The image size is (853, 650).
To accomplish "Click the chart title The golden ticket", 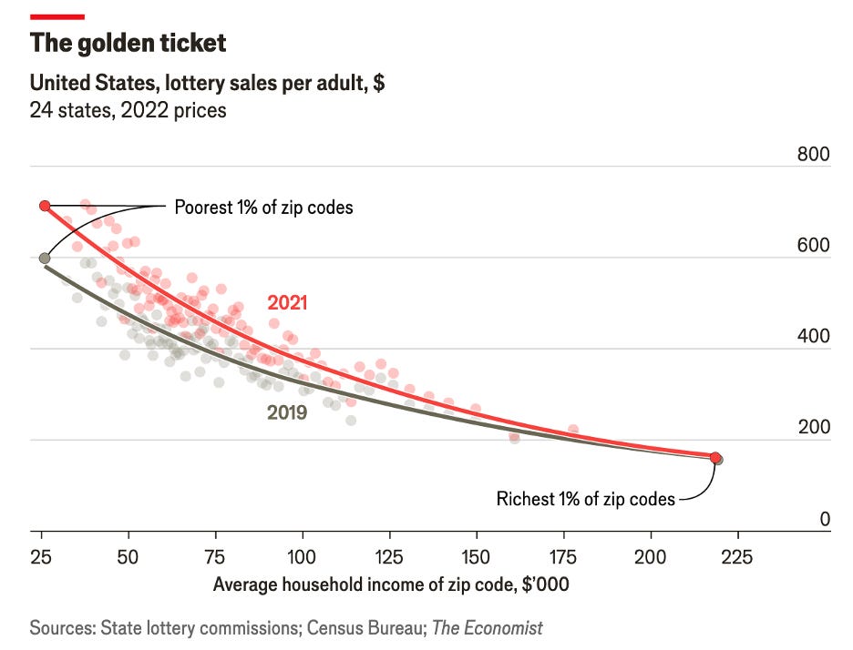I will point(128,43).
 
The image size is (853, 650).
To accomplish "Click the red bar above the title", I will point(57,16).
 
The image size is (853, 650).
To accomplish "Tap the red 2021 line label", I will point(286,303).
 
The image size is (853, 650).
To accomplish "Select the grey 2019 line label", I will point(286,412).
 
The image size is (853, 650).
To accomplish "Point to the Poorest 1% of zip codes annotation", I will point(263,208).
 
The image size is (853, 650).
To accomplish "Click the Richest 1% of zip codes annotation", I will point(585,498).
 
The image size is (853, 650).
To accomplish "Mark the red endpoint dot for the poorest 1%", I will point(45,206).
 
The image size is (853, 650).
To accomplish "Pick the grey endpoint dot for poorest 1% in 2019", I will point(45,259).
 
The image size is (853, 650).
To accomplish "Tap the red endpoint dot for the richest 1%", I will point(715,458).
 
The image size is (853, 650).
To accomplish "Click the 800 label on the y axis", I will point(813,154).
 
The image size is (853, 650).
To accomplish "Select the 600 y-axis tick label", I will point(813,246).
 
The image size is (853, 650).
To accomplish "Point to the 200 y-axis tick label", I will point(813,428).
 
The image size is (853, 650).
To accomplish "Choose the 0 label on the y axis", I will point(825,519).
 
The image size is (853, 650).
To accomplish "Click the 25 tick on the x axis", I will point(41,556).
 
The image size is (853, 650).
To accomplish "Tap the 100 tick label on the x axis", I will point(302,556).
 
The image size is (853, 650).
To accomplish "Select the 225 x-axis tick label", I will point(736,556).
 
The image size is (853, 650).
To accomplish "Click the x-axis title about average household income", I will point(391,584).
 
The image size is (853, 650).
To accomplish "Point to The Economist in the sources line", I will point(488,627).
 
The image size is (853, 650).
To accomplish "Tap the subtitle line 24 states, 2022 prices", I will point(128,111).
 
